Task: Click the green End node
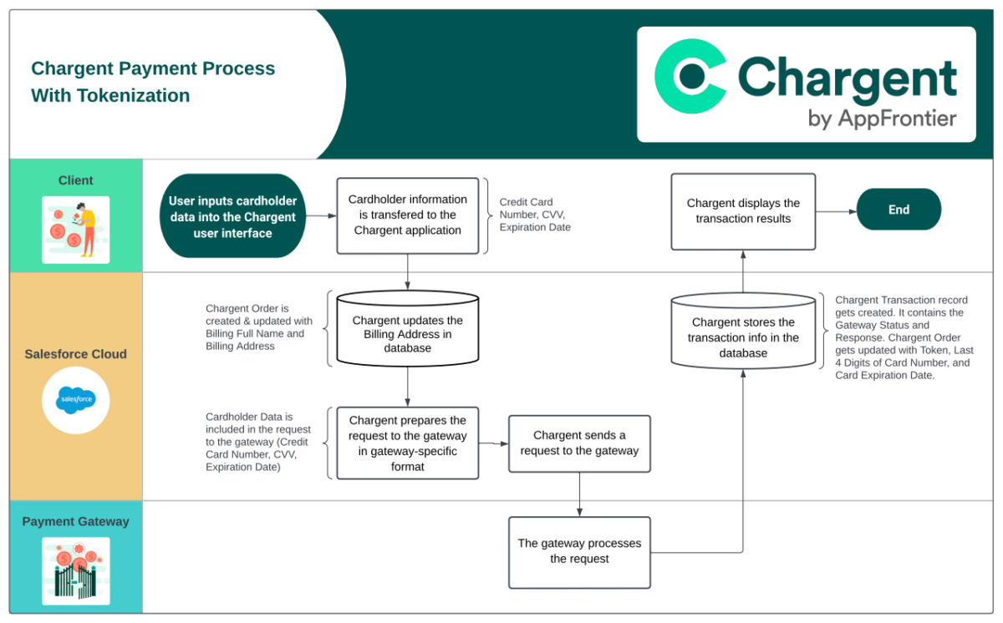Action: [x=899, y=210]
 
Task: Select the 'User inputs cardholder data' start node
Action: [x=232, y=216]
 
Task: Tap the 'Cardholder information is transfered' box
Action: [x=407, y=215]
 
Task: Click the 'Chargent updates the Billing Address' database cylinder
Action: [x=407, y=332]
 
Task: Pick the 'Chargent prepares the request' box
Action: [x=407, y=443]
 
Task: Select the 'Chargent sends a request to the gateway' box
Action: [x=579, y=443]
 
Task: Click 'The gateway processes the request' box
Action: [x=579, y=551]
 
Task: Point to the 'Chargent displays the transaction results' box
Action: [x=743, y=210]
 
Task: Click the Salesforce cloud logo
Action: [x=76, y=400]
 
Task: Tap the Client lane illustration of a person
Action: [x=76, y=230]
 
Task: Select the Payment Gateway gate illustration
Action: [x=76, y=570]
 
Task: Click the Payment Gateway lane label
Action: [x=76, y=521]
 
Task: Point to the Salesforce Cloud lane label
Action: [x=76, y=353]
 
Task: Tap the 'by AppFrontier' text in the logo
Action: [x=882, y=119]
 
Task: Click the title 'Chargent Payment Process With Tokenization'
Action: [x=153, y=82]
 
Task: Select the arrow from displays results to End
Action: [x=836, y=210]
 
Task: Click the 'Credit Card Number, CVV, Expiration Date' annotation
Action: [x=535, y=215]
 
